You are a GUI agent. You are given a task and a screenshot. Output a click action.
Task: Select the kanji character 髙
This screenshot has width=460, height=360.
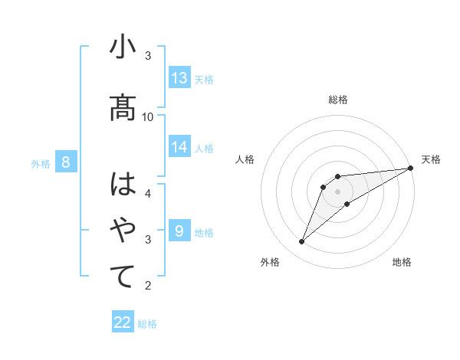click(x=123, y=107)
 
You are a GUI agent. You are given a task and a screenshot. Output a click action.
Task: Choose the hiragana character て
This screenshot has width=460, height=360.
click(x=123, y=277)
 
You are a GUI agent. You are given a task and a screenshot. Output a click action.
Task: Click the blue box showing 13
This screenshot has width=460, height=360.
click(x=179, y=78)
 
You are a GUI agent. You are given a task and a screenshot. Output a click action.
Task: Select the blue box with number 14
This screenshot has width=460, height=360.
click(x=179, y=147)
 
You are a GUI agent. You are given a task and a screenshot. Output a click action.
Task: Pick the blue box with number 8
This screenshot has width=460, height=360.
click(x=66, y=162)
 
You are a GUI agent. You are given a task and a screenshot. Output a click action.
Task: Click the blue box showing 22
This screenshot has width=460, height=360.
click(x=123, y=323)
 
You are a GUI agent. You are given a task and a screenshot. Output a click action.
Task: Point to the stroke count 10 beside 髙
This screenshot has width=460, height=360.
click(x=148, y=116)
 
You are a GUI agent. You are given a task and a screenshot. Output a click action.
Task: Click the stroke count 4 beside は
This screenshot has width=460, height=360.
click(x=148, y=193)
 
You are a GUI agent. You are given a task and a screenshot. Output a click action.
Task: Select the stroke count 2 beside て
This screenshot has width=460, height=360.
click(x=148, y=286)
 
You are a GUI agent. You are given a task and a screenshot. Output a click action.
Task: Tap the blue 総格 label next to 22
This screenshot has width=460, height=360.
click(x=147, y=324)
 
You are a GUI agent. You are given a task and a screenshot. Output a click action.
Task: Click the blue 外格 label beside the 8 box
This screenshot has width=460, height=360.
click(x=41, y=163)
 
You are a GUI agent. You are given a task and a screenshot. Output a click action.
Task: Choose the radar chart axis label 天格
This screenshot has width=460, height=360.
click(x=431, y=159)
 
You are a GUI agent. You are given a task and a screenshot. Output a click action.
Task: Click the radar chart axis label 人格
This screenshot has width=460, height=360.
click(x=245, y=159)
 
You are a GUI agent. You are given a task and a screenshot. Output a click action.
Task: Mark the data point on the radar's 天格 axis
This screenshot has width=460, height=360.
click(x=411, y=168)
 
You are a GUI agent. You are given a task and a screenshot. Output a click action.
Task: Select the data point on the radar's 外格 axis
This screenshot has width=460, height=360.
click(x=301, y=242)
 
